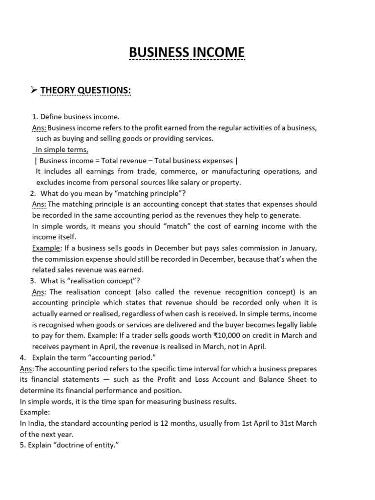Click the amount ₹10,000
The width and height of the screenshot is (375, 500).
(229, 335)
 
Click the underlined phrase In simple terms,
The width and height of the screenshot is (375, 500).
(62, 149)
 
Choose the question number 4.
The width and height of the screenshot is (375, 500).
(22, 357)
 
